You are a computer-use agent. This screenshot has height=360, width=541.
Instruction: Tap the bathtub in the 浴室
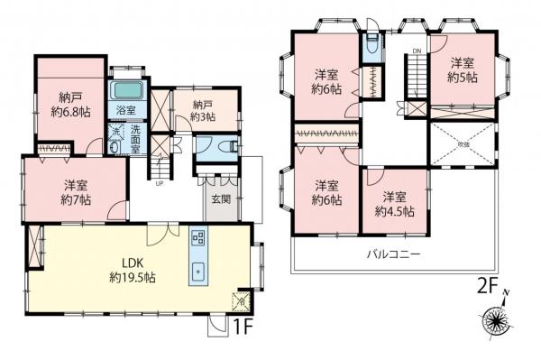124,92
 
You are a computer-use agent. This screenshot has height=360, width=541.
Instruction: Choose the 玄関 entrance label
220,198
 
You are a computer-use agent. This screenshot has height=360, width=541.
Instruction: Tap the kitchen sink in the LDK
198,271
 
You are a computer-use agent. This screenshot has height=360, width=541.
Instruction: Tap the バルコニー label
393,254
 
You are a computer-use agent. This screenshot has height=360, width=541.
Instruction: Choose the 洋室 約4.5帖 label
393,203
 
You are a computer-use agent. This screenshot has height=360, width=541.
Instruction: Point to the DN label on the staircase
416,50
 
